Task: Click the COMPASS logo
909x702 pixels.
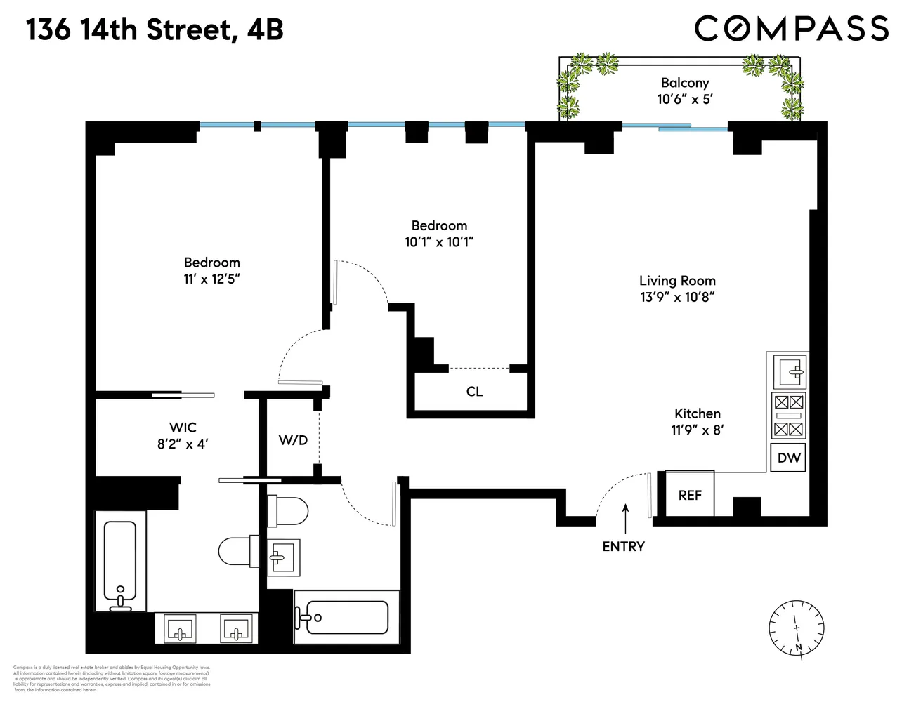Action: click(x=792, y=28)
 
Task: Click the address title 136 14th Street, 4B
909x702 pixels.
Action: click(x=155, y=30)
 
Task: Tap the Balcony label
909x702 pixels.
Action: click(x=684, y=83)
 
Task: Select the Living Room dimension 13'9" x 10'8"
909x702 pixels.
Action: click(x=676, y=297)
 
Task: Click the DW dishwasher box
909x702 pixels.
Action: click(x=789, y=458)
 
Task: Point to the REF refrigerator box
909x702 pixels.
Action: click(x=690, y=495)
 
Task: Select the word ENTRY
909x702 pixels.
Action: click(x=623, y=546)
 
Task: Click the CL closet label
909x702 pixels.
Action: click(x=474, y=392)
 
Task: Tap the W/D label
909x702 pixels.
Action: click(x=293, y=440)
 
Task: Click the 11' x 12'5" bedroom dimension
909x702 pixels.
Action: click(x=211, y=279)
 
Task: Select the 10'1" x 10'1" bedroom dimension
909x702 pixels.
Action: click(x=439, y=242)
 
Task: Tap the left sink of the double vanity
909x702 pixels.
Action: click(x=180, y=628)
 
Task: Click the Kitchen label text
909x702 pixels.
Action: click(x=697, y=413)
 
